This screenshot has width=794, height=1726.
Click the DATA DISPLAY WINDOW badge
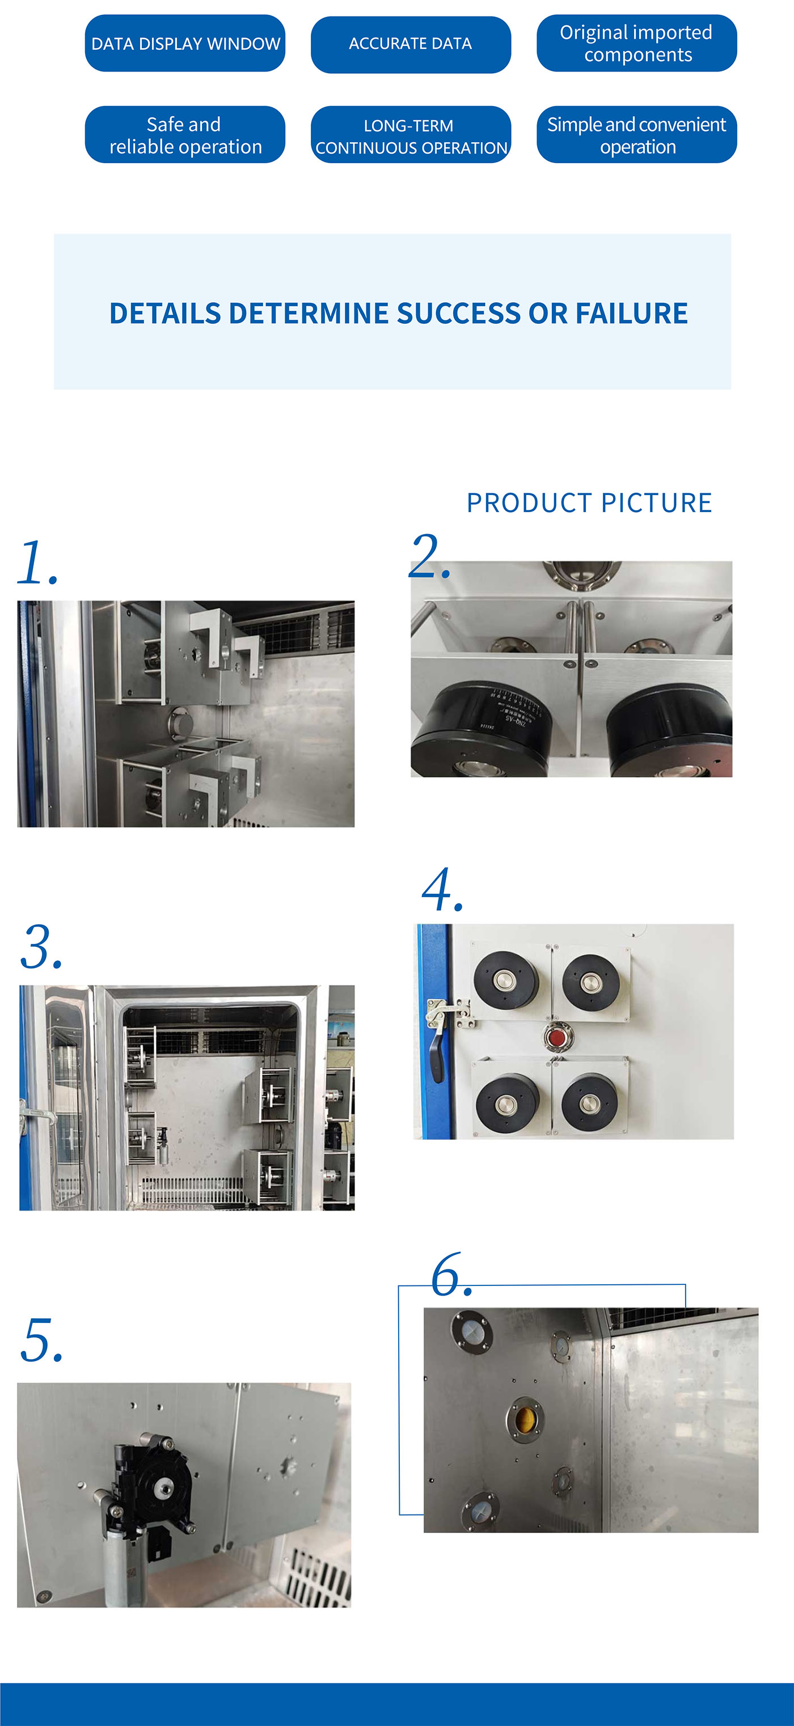[x=185, y=44]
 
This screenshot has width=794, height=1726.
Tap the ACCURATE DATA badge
[x=410, y=44]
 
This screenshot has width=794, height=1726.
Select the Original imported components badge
[x=636, y=44]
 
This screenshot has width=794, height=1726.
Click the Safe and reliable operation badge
[x=185, y=135]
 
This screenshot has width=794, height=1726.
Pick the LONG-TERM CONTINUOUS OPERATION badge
[x=410, y=136]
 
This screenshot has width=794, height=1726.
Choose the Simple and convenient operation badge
[x=636, y=135]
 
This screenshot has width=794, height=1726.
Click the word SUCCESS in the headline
[x=458, y=314]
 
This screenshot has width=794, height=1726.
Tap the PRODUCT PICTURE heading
[x=589, y=502]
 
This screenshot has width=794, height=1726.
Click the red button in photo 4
[x=555, y=1038]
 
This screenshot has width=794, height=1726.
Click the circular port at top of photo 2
[x=581, y=574]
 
